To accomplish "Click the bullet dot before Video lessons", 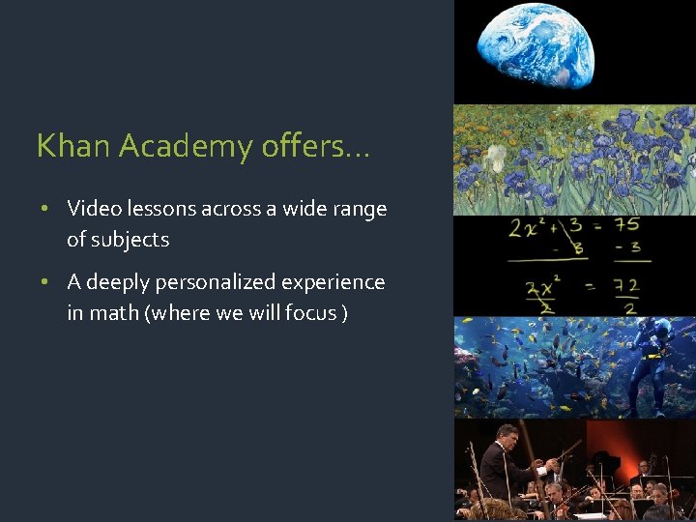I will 45,209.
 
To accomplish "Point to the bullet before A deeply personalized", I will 45,282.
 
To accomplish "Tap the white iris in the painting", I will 496,156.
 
